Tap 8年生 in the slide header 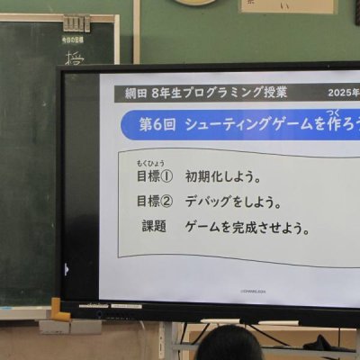click(x=170, y=93)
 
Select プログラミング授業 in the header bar click(x=238, y=93)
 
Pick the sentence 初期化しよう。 click(x=223, y=176)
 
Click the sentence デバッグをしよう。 click(x=234, y=202)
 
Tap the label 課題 click(x=154, y=227)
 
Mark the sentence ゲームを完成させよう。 click(x=247, y=228)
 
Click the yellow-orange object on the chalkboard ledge click(x=56, y=310)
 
